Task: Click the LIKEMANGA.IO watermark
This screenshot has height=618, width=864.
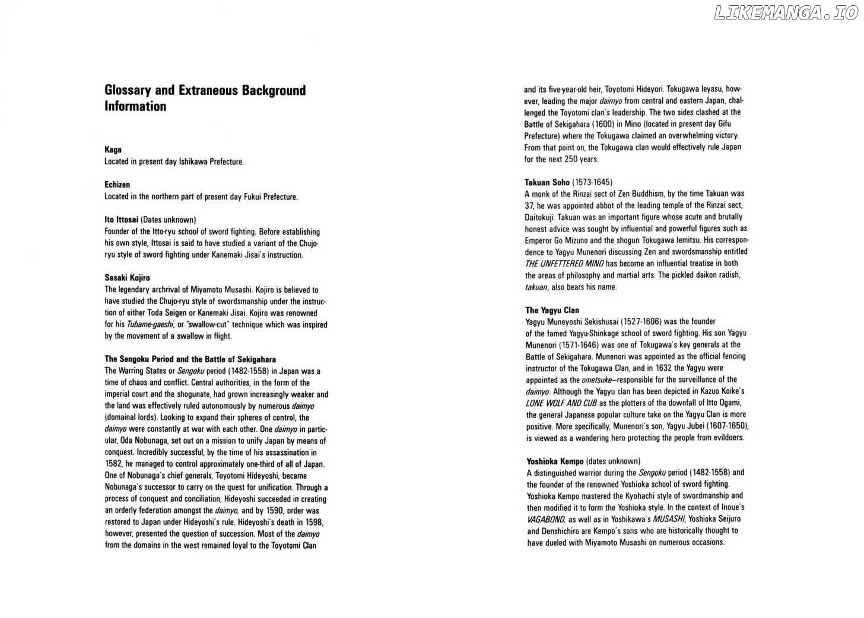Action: point(786,13)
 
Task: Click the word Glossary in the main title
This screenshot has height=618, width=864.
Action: point(128,90)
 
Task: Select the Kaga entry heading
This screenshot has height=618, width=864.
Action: point(113,150)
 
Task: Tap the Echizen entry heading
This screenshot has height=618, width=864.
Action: point(117,185)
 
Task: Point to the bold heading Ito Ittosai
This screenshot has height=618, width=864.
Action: point(121,220)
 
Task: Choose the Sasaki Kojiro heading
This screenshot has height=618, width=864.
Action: point(127,278)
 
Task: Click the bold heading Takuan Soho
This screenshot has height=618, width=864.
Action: point(547,182)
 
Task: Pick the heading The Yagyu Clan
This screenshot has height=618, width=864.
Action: point(552,310)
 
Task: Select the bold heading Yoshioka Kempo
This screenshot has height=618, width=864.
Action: point(555,461)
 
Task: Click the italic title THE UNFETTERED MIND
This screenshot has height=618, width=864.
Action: point(564,264)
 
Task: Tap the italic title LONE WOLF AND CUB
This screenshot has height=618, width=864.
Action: point(561,403)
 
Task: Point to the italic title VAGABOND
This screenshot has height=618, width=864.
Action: point(546,519)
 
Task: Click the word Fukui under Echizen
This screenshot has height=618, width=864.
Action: point(253,197)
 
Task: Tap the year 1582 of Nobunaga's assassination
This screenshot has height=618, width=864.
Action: point(113,464)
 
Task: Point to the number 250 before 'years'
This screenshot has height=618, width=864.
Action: point(570,159)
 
